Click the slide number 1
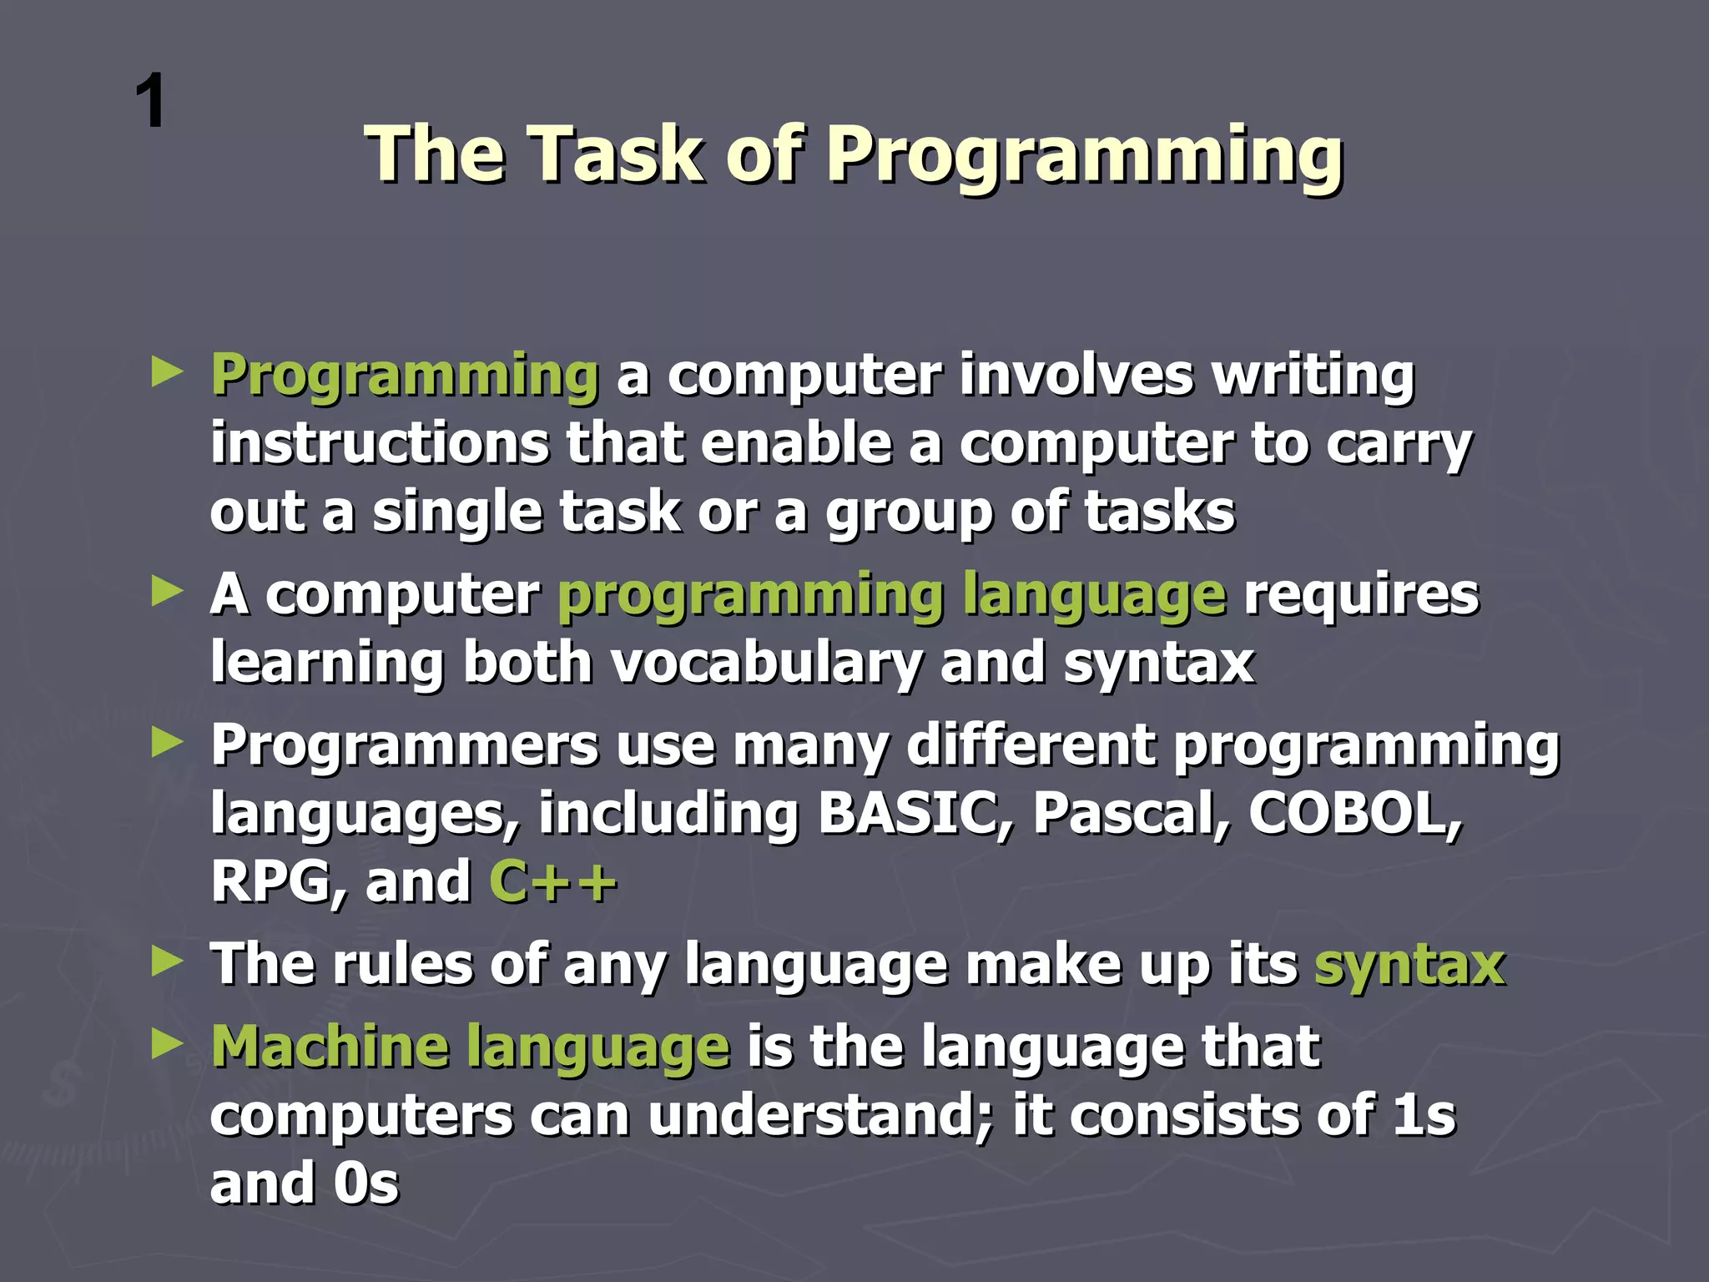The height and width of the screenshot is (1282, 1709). [x=151, y=101]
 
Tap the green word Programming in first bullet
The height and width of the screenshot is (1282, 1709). [x=405, y=376]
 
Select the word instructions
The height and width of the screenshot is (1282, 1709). [x=380, y=443]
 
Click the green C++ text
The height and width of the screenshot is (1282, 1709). [x=552, y=882]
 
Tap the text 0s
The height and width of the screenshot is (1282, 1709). [x=365, y=1184]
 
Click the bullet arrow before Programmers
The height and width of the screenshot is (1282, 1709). [x=167, y=742]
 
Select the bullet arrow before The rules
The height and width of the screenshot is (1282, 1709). [x=167, y=962]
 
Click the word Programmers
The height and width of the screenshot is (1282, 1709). [x=405, y=745]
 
